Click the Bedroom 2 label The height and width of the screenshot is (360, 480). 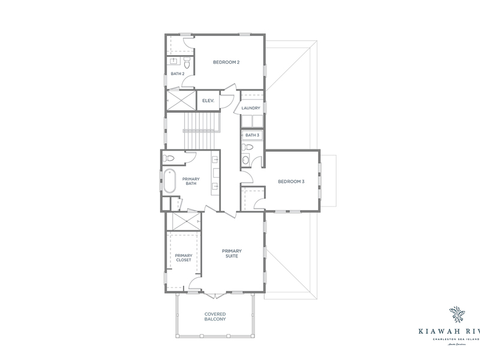tap(227, 62)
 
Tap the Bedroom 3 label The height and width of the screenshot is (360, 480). tap(291, 181)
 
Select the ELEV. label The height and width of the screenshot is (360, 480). tap(208, 100)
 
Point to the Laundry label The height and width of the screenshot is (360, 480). tap(251, 108)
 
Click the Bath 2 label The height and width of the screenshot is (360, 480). tap(177, 74)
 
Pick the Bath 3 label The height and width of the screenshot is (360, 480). tap(252, 136)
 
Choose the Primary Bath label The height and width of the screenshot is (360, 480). tap(191, 181)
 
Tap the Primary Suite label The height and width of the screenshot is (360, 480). tap(230, 253)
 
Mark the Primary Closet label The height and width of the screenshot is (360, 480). tap(183, 258)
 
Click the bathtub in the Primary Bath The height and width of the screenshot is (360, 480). tap(169, 181)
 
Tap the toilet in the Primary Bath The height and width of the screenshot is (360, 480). tap(170, 158)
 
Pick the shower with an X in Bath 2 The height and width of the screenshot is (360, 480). tap(180, 100)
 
